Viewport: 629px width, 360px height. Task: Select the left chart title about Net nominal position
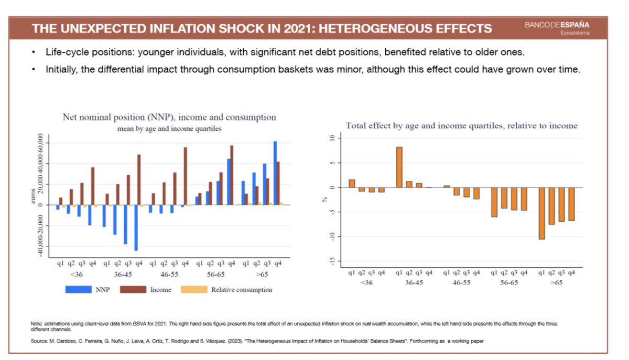point(169,117)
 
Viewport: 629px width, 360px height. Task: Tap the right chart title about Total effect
point(461,125)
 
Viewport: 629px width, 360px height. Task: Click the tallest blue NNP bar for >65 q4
point(275,173)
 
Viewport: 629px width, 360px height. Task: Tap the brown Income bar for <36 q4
point(93,186)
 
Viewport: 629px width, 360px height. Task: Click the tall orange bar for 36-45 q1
point(399,167)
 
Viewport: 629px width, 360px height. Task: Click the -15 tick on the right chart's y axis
point(338,261)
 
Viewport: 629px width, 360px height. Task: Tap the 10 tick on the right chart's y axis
point(338,138)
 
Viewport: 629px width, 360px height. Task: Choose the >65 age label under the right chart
point(557,282)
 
